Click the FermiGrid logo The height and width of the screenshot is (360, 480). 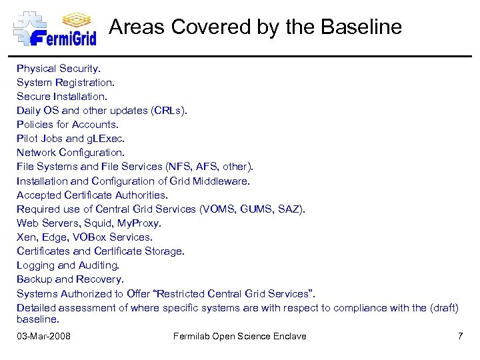(55, 28)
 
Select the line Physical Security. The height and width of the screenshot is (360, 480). (59, 68)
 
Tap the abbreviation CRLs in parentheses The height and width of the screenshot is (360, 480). (169, 110)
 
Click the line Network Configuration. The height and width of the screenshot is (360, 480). (71, 153)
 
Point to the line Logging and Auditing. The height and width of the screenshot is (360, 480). (70, 265)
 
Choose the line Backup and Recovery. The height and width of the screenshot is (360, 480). (70, 279)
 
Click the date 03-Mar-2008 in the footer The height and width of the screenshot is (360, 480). (44, 336)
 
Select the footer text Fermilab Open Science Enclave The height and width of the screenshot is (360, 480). (240, 336)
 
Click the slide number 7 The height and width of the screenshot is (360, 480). (460, 336)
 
